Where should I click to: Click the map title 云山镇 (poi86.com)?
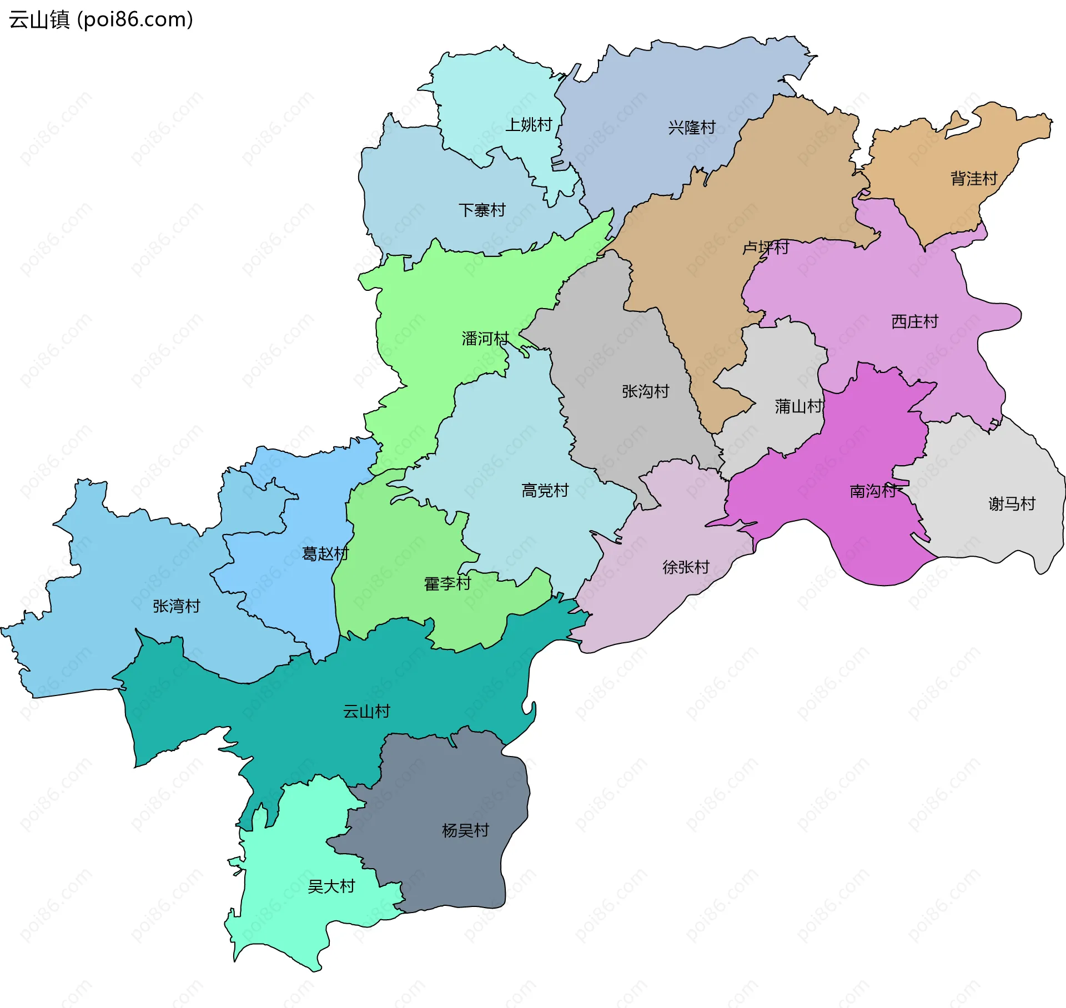click(100, 19)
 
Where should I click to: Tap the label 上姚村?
click(528, 124)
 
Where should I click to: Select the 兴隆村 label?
click(691, 128)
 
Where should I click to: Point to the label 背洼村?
click(974, 179)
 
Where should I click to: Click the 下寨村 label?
click(481, 210)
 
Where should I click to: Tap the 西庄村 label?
click(914, 321)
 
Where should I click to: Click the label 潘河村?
click(485, 339)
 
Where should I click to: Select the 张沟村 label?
click(645, 391)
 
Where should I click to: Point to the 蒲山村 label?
click(798, 406)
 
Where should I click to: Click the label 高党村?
click(545, 490)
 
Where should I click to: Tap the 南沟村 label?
click(873, 491)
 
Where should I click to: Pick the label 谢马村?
click(1012, 503)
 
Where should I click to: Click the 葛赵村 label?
click(325, 553)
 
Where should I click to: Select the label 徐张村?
click(686, 567)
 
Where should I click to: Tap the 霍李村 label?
click(447, 583)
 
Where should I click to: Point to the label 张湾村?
click(176, 606)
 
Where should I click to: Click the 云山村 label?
click(366, 711)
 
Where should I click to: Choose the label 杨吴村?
click(465, 830)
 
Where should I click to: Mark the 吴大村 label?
click(331, 886)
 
